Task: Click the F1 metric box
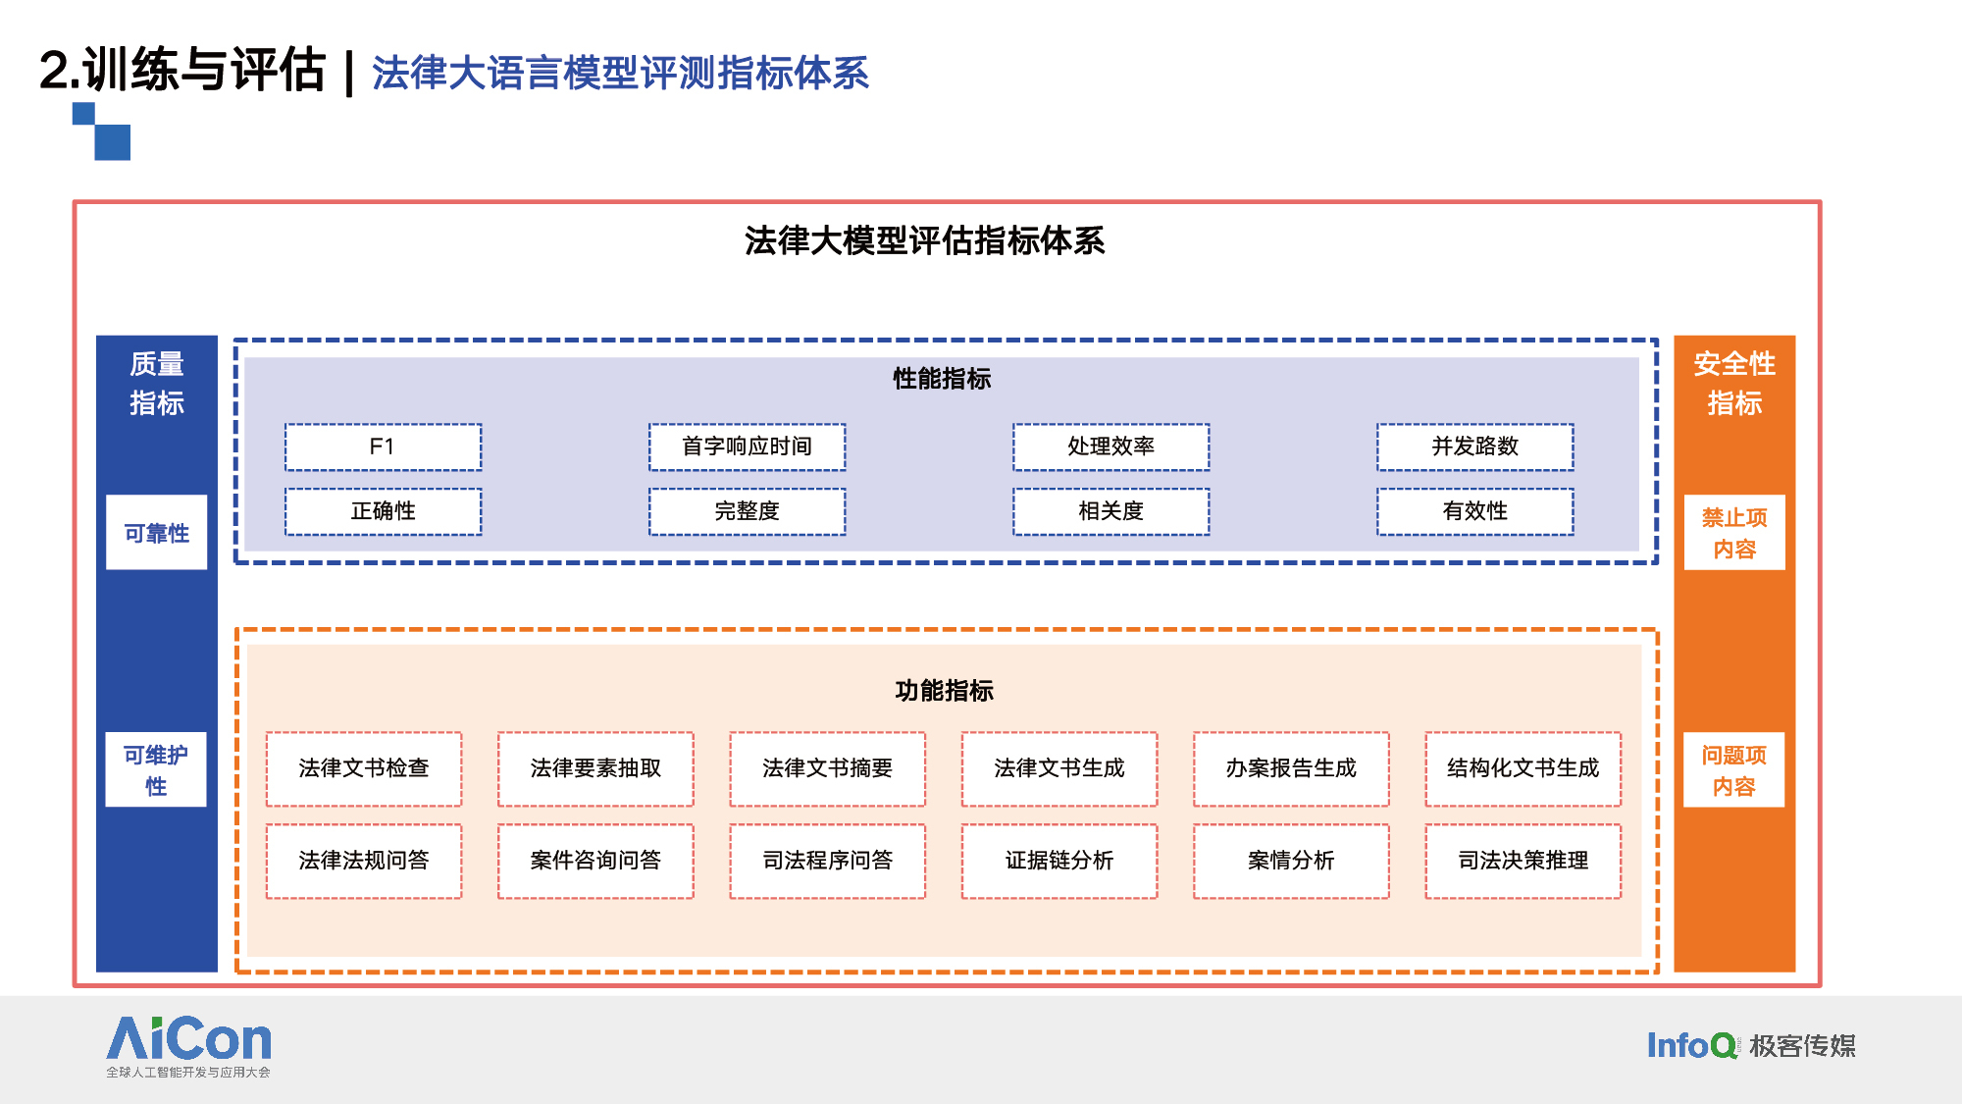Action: [383, 447]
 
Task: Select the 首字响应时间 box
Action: [747, 447]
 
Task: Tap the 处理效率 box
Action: [1110, 447]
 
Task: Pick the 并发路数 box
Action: [1474, 447]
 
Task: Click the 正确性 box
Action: [383, 511]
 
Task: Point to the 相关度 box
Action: [1110, 511]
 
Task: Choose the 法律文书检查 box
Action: [364, 768]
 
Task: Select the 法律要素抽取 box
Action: [595, 768]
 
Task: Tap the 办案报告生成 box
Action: [1291, 768]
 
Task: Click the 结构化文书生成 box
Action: [1523, 768]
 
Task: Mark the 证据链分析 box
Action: [1059, 861]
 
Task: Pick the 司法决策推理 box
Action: [1523, 861]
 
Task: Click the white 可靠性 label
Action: [157, 532]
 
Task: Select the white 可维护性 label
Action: [156, 769]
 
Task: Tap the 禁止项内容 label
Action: [1734, 532]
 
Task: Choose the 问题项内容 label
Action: [1733, 769]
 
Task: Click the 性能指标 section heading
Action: [942, 379]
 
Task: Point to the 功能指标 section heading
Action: [944, 691]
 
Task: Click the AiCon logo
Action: [188, 1046]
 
